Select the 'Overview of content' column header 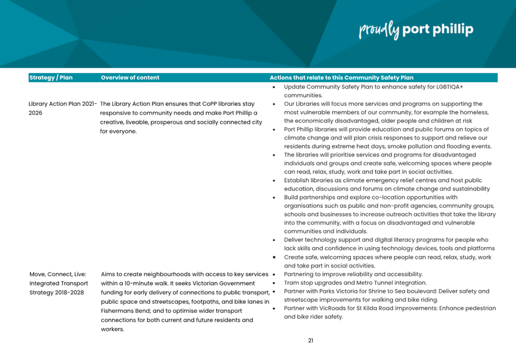coord(130,78)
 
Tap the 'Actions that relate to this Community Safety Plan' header coord(341,78)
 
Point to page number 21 coord(310,340)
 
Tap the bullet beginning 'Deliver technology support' coord(386,240)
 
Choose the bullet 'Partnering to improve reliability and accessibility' coord(353,274)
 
